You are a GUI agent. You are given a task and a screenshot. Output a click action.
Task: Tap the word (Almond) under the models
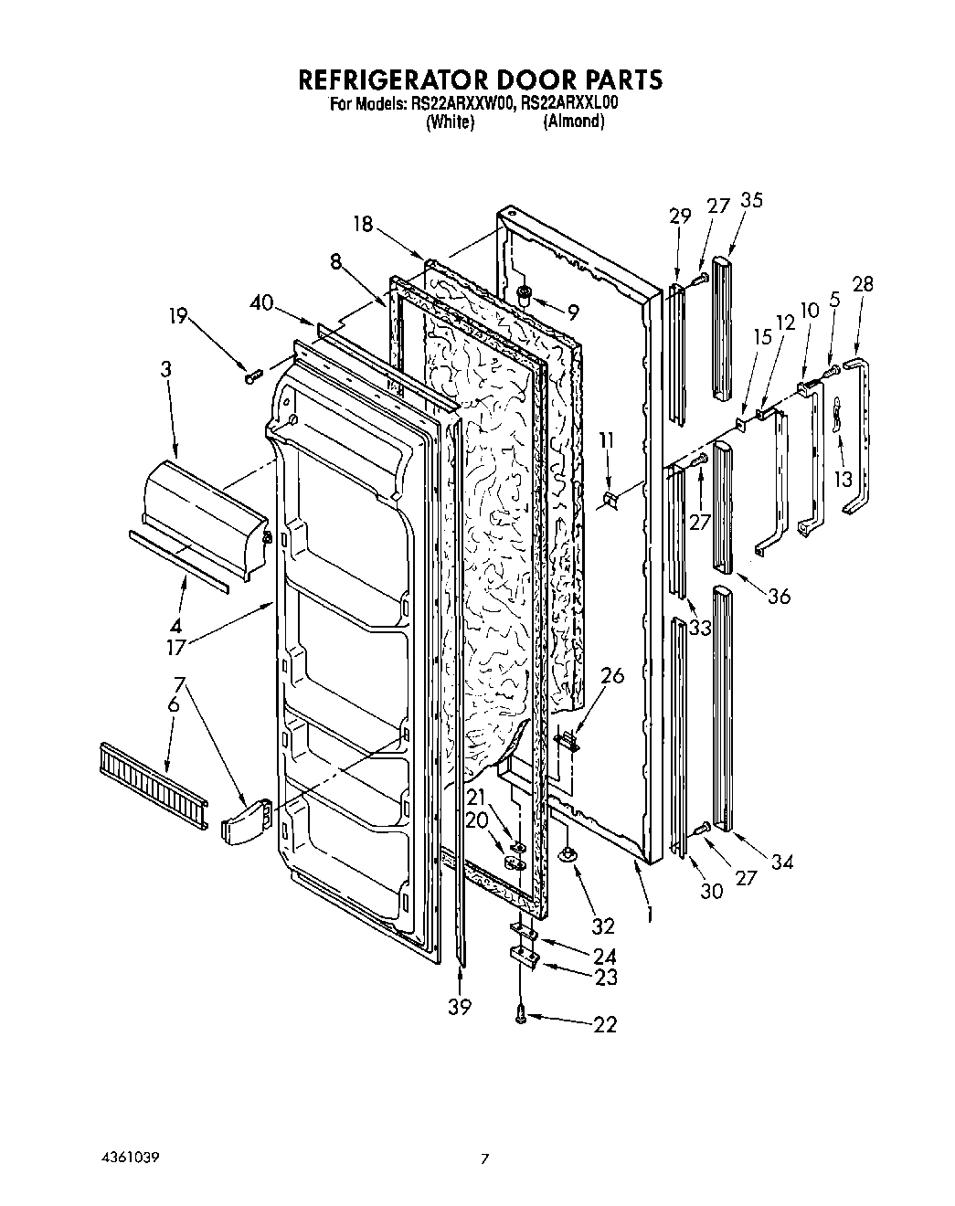(x=573, y=122)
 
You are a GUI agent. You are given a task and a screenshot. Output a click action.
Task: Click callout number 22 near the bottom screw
(x=605, y=1024)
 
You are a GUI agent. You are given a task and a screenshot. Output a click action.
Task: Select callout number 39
(x=460, y=1006)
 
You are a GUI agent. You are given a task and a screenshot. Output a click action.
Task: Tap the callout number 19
(x=177, y=316)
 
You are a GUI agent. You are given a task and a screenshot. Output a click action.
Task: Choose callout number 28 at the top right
(x=862, y=284)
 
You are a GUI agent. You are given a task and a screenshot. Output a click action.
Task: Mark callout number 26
(x=612, y=676)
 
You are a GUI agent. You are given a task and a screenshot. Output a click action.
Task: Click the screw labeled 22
(x=520, y=1014)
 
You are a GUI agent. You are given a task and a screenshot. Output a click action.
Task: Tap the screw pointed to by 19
(x=253, y=376)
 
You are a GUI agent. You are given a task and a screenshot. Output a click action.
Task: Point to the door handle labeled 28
(x=861, y=439)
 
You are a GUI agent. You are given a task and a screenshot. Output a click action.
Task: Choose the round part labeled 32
(x=568, y=853)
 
